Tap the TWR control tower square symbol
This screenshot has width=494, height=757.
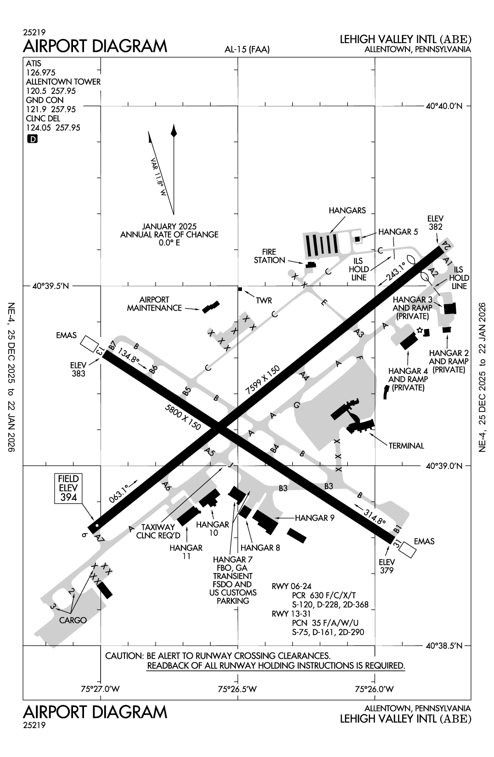[240, 289]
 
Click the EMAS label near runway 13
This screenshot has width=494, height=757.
[66, 335]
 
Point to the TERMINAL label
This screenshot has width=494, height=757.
[406, 445]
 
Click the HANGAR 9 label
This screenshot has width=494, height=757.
[314, 518]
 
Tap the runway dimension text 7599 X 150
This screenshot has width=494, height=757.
[262, 380]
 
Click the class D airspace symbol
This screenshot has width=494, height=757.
[32, 139]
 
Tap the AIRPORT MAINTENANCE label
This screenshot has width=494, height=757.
[154, 304]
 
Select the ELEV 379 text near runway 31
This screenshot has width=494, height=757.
[387, 566]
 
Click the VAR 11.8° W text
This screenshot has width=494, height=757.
[157, 178]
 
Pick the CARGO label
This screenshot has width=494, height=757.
[73, 620]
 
